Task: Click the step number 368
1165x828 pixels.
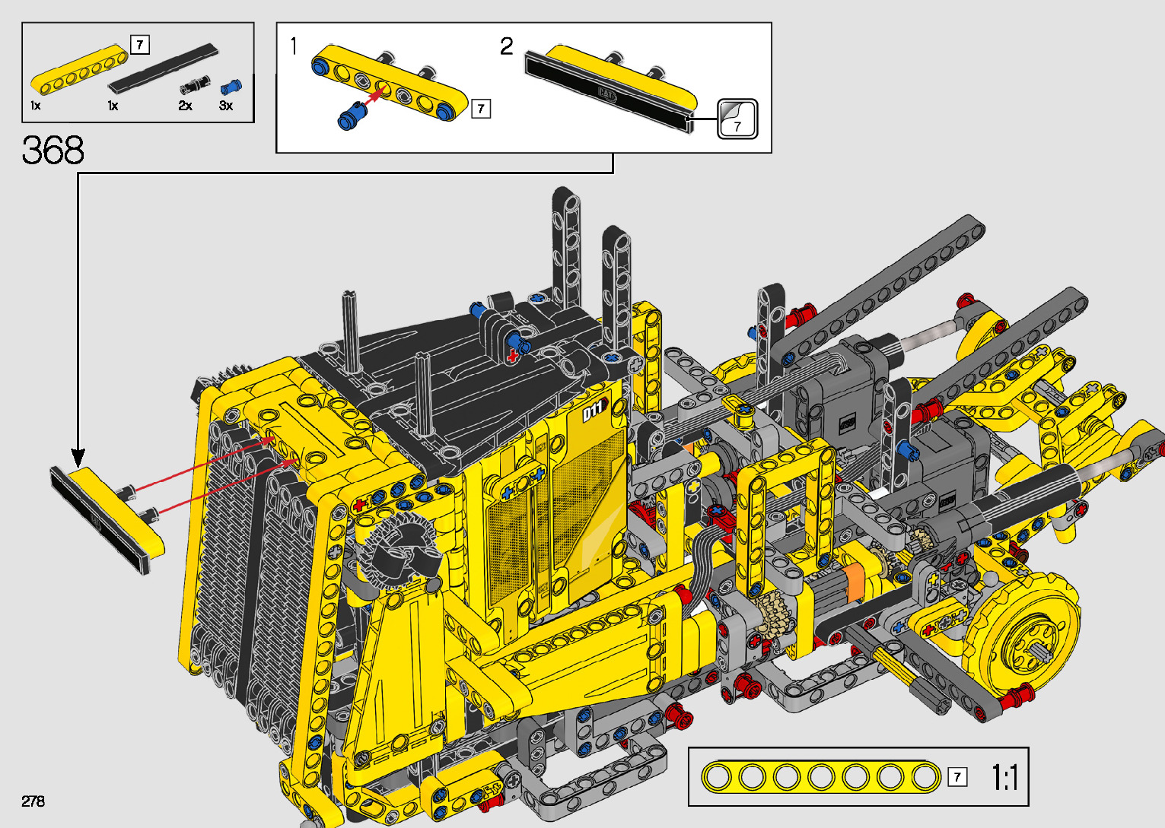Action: pos(53,151)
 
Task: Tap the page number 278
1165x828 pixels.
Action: pos(33,801)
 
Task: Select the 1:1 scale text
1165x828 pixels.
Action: pos(1004,777)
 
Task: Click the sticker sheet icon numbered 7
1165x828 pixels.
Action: pos(737,119)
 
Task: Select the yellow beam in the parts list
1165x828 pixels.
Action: pos(79,70)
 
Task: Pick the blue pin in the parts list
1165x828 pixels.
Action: pos(231,87)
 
